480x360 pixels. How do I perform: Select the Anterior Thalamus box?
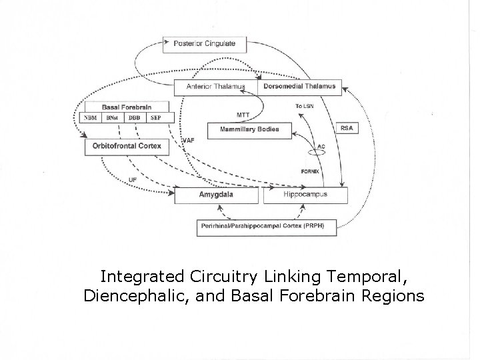(x=216, y=87)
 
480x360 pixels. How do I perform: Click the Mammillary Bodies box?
(x=249, y=130)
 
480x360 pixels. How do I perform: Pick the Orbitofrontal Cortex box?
(x=127, y=146)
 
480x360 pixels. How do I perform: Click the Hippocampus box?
(x=305, y=195)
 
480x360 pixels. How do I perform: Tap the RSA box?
(x=347, y=128)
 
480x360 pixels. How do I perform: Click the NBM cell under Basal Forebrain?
(x=89, y=118)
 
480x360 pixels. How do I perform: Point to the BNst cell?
(x=111, y=118)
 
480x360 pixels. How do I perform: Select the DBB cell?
(x=134, y=118)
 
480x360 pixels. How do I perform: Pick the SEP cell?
(x=155, y=118)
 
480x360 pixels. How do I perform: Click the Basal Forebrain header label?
(x=126, y=107)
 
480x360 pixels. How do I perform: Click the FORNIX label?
(x=311, y=172)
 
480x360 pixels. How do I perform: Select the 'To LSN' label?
(x=304, y=107)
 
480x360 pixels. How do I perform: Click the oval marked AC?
(x=317, y=151)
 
